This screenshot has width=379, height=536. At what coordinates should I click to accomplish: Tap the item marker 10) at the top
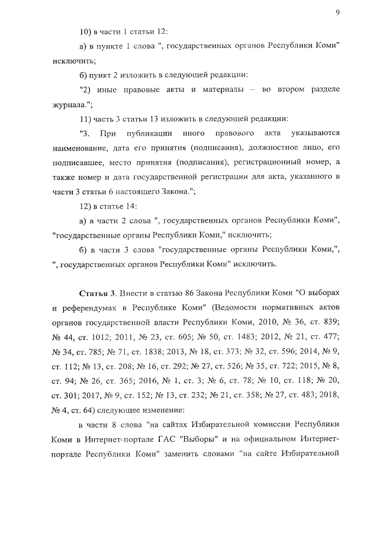[x=86, y=30]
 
